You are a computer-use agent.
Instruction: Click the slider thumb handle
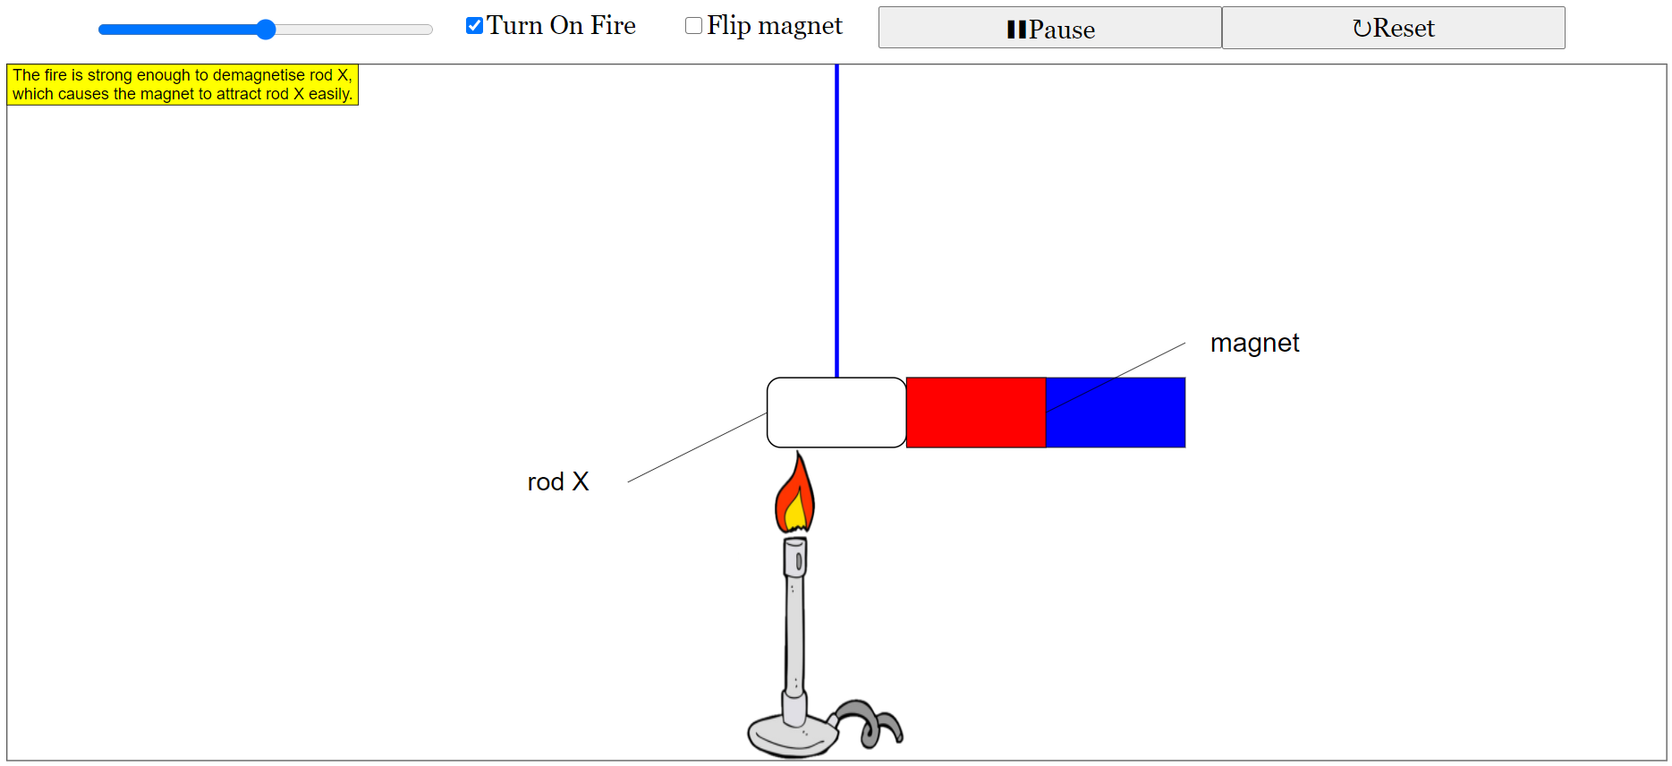[x=266, y=30]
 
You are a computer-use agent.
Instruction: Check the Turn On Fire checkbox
[x=474, y=26]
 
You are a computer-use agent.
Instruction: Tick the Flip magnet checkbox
[x=693, y=26]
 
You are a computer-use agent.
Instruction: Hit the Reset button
[x=1393, y=28]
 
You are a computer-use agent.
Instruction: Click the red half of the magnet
[x=976, y=413]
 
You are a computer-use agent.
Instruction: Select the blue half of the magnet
[x=1116, y=413]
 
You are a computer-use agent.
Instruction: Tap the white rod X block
[x=836, y=413]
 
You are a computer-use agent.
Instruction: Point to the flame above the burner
[x=794, y=497]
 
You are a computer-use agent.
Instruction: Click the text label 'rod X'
[x=558, y=482]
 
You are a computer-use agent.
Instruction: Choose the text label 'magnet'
[x=1254, y=344]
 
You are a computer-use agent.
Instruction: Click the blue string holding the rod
[x=836, y=224]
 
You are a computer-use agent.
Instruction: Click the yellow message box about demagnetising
[x=182, y=85]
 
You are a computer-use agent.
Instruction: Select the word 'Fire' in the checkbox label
[x=613, y=26]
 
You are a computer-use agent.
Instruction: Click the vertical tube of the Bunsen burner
[x=794, y=635]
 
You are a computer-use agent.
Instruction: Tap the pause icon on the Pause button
[x=1016, y=30]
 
